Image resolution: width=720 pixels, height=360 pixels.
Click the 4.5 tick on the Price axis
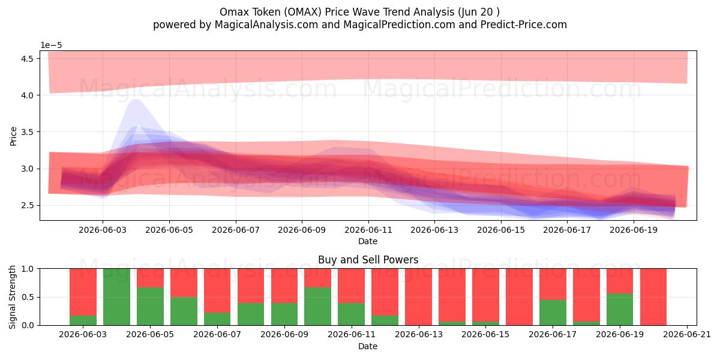point(27,59)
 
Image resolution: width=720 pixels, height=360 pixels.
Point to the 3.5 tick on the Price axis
point(27,132)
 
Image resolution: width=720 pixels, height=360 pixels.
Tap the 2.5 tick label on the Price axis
point(27,205)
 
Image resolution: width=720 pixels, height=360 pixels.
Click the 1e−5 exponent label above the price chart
point(51,46)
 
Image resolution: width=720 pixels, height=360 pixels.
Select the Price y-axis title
point(13,136)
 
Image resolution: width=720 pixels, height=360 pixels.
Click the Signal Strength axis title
point(12,297)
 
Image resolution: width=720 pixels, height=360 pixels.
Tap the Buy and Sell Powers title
point(368,260)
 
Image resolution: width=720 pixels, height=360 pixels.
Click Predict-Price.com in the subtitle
point(524,25)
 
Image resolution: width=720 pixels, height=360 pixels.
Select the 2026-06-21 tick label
point(687,334)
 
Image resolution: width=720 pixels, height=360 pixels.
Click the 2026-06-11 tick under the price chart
point(368,230)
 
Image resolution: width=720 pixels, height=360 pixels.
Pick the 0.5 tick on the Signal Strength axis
point(27,297)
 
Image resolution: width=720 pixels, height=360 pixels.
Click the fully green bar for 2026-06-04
point(116,297)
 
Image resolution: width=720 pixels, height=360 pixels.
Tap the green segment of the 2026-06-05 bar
point(150,307)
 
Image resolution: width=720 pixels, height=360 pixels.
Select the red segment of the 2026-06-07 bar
point(217,290)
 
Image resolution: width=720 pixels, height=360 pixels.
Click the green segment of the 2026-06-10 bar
point(317,307)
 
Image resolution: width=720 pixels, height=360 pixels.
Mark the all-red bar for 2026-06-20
point(653,297)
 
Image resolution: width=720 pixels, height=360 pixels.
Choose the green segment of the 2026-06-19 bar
point(620,309)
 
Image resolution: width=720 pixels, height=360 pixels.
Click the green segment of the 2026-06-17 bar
point(553,313)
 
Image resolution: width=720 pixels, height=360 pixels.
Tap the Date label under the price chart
point(368,241)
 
